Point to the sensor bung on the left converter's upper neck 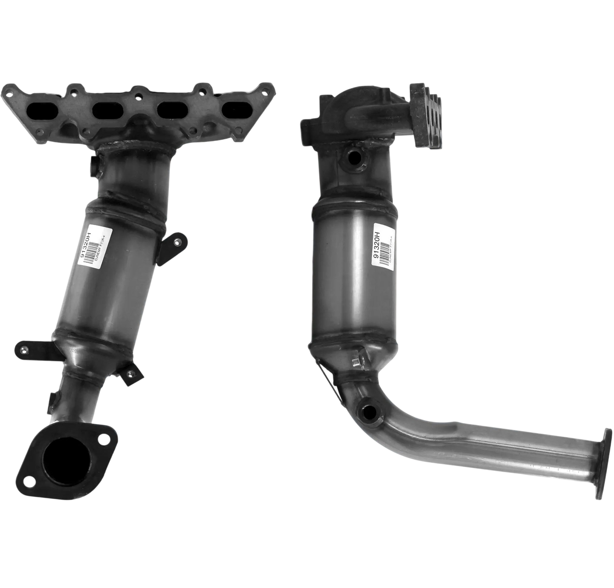(94, 168)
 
